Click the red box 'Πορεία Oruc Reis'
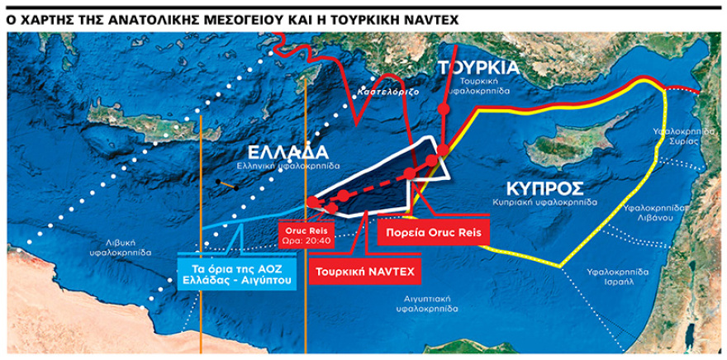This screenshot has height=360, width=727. click(x=433, y=232)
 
